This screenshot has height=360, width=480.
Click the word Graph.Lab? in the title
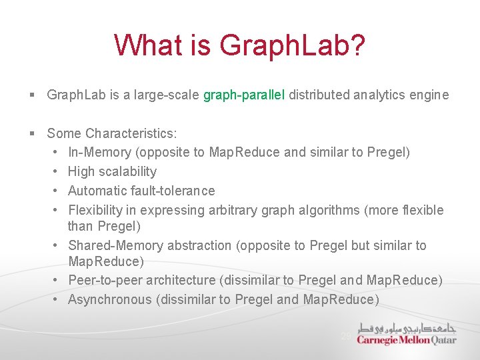[x=292, y=46]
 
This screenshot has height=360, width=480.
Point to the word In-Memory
[x=101, y=152]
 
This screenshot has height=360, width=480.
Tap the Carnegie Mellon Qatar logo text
[x=407, y=339]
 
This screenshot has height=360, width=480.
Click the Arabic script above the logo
[x=407, y=327]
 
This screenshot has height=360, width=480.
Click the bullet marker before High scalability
[x=57, y=172]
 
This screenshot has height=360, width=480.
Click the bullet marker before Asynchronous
[x=57, y=300]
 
